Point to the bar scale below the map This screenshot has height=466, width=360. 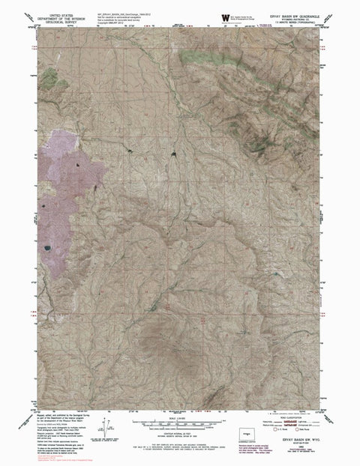pos(180,417)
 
